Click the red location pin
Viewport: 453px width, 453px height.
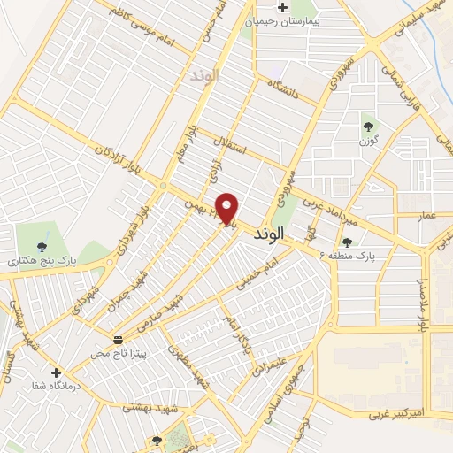pos(228,207)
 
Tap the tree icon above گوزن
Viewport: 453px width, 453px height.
pos(366,126)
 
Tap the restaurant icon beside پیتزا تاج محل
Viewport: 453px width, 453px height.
pos(117,340)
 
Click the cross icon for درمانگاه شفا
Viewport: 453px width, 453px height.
pos(57,372)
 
